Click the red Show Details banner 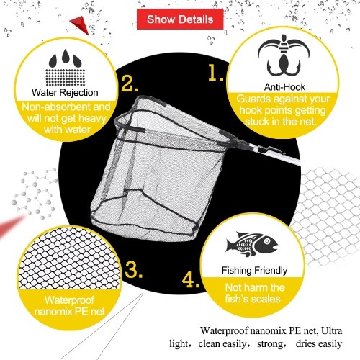(x=180, y=19)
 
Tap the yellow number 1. (x=215, y=73)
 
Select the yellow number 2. (x=130, y=84)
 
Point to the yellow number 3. (x=133, y=269)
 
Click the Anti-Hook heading (x=284, y=87)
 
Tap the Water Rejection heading (x=65, y=93)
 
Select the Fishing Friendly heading (x=254, y=271)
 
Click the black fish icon (x=251, y=244)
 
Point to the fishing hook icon (x=284, y=56)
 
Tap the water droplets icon (x=66, y=68)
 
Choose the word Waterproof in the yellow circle (x=69, y=300)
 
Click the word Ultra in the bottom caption (x=331, y=330)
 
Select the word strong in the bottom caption (x=270, y=344)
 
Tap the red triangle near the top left (x=81, y=24)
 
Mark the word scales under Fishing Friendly (x=266, y=299)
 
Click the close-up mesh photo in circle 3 (x=69, y=258)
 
